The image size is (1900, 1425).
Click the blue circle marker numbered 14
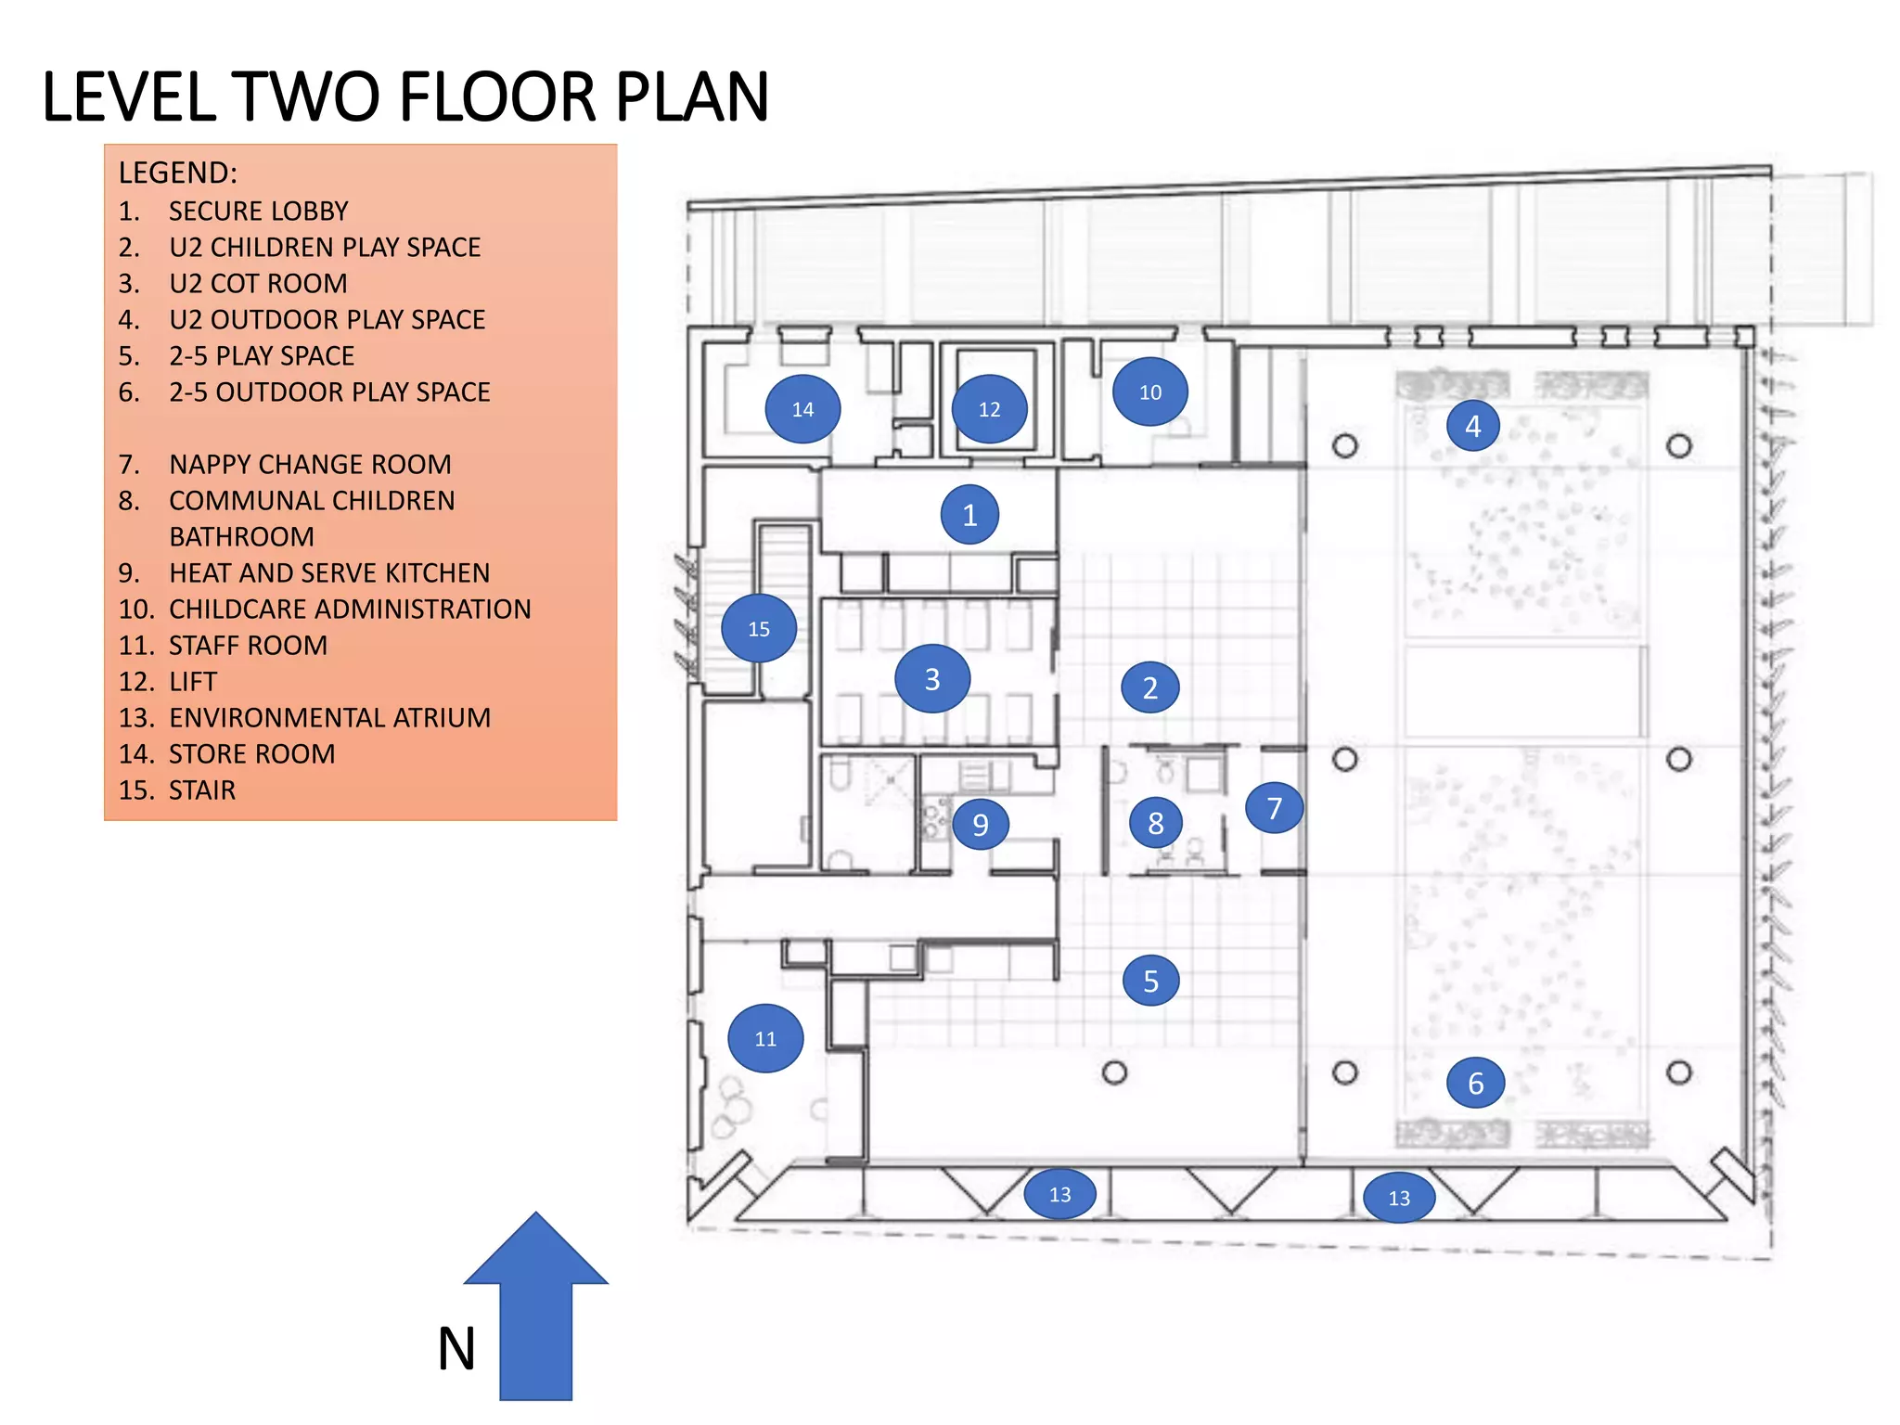pos(802,409)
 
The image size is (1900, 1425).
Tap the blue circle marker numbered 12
pos(989,409)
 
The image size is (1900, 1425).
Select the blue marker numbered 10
pos(1150,392)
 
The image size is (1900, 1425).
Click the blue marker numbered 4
pos(1472,426)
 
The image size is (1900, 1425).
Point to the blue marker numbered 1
pos(969,514)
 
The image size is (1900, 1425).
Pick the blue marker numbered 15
pos(759,628)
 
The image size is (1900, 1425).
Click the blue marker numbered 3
pos(932,679)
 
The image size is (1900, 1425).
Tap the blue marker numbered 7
pos(1274,808)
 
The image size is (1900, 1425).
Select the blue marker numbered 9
pos(980,824)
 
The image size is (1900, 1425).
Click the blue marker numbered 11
pos(765,1038)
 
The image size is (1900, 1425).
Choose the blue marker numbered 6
pos(1475,1083)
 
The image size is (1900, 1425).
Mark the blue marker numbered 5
pos(1150,981)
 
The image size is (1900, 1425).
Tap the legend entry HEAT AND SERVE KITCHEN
pos(328,573)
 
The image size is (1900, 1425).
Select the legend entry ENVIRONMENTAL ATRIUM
pos(329,718)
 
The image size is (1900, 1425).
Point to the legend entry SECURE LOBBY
pos(258,212)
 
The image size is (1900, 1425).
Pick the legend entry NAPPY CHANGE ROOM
pos(310,465)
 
